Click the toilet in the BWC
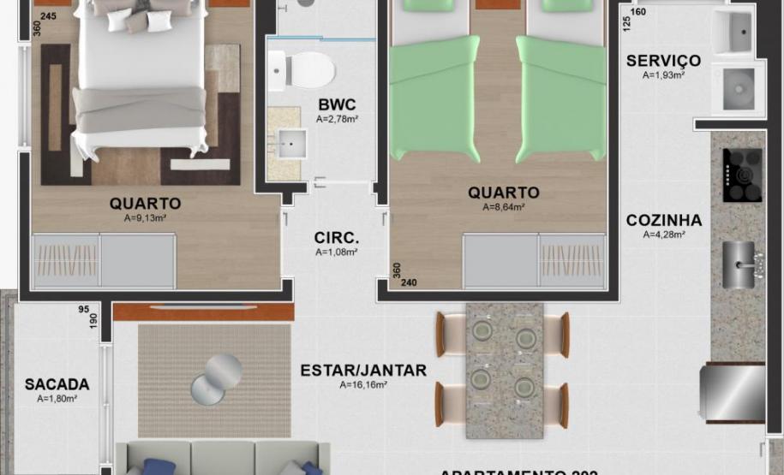click(x=303, y=68)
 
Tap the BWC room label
click(x=336, y=105)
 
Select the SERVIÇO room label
click(x=663, y=61)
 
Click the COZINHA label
click(x=663, y=220)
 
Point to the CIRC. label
click(x=336, y=238)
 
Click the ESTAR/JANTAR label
click(x=363, y=371)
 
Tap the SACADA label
click(x=57, y=385)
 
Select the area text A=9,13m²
click(x=145, y=218)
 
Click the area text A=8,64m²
click(x=504, y=207)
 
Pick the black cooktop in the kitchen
click(x=741, y=175)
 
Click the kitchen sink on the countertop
click(x=739, y=264)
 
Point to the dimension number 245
click(x=48, y=16)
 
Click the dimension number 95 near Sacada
click(x=83, y=310)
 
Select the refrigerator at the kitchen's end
click(x=733, y=394)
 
